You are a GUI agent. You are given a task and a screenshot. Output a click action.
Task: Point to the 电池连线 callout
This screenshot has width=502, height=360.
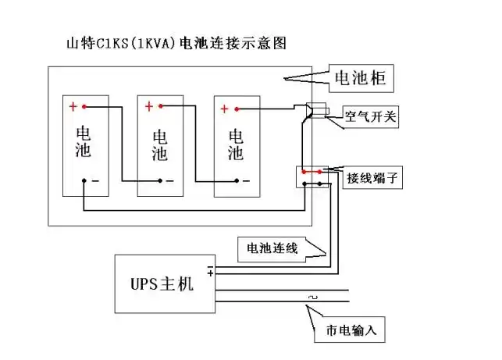[x=272, y=248]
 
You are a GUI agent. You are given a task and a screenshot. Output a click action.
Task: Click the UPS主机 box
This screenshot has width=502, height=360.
[x=166, y=284]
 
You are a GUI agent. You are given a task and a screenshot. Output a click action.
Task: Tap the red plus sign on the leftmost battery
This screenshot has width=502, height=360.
[x=73, y=107]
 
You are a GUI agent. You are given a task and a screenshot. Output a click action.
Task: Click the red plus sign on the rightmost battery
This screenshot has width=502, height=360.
[x=225, y=109]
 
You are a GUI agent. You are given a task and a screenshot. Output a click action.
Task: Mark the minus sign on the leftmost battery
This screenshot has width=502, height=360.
[x=94, y=181]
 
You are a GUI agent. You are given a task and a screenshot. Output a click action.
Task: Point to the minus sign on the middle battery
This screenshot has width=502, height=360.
[x=172, y=180]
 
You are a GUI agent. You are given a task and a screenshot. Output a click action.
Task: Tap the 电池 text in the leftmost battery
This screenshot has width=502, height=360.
[x=84, y=141]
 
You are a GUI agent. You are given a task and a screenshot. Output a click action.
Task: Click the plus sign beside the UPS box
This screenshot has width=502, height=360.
[x=209, y=274]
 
